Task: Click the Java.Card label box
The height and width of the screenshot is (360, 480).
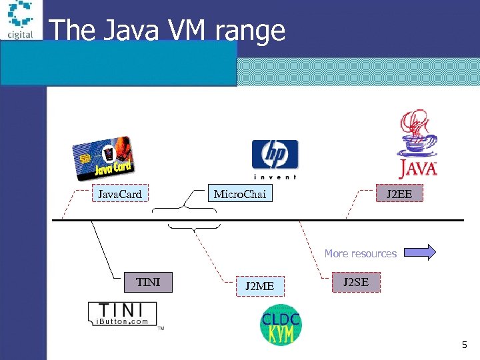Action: pyautogui.click(x=120, y=195)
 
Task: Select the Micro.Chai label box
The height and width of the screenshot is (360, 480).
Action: pyautogui.click(x=240, y=195)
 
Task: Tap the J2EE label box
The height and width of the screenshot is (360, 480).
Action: pyautogui.click(x=399, y=195)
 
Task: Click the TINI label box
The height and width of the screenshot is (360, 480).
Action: pyautogui.click(x=147, y=283)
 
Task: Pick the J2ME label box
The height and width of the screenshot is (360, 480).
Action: pyautogui.click(x=259, y=287)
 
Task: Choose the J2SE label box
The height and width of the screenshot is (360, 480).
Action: pyautogui.click(x=355, y=283)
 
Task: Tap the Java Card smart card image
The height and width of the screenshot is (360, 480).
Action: pyautogui.click(x=103, y=159)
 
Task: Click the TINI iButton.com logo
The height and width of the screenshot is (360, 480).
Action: pyautogui.click(x=123, y=314)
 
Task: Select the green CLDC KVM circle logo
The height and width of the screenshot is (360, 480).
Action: pyautogui.click(x=280, y=326)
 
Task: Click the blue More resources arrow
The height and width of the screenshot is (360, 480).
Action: pyautogui.click(x=420, y=252)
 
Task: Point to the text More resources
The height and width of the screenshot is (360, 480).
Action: pyautogui.click(x=360, y=253)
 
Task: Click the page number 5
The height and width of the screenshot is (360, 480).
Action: pyautogui.click(x=465, y=345)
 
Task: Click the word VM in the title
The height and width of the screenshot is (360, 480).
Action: pyautogui.click(x=190, y=31)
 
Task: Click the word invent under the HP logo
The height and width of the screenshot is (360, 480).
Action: pyautogui.click(x=275, y=177)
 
